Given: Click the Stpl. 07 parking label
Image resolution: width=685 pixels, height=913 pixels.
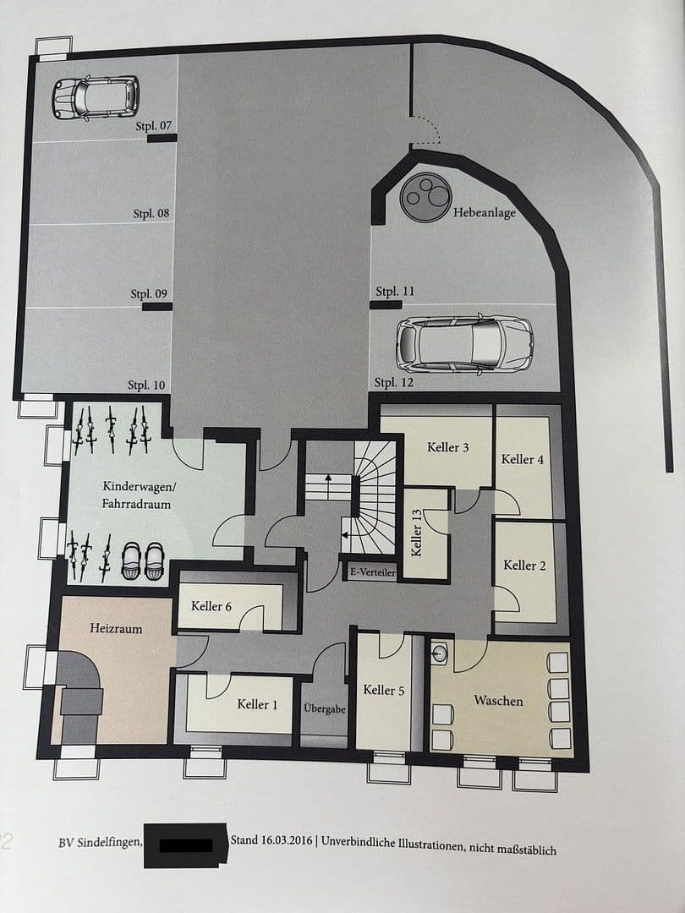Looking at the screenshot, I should (x=153, y=126).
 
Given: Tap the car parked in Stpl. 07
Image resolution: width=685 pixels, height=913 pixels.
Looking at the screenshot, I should (x=96, y=97).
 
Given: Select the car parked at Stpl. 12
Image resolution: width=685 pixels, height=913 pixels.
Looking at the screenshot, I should (x=464, y=343).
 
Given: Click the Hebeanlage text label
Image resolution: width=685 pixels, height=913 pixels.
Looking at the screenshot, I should (x=484, y=213).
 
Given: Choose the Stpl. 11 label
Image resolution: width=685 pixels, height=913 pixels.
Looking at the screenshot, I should (x=395, y=292).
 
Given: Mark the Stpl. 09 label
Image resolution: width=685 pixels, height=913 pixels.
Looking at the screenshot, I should (x=149, y=294).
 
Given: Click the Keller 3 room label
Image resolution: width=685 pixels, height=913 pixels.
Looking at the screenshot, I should (x=448, y=447).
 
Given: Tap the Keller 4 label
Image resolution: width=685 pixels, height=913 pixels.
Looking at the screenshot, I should (x=523, y=459).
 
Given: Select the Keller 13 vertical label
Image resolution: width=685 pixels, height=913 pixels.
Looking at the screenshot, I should (x=416, y=533).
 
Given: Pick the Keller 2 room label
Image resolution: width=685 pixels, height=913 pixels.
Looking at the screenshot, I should (x=524, y=565).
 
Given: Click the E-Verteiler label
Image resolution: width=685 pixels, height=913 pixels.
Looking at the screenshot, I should (x=372, y=572).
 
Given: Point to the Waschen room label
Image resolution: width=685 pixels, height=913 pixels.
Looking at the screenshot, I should (x=498, y=701).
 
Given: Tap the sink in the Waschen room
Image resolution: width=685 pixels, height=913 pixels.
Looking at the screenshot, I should (x=440, y=653).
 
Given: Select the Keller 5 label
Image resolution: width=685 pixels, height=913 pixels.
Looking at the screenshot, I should (x=384, y=690).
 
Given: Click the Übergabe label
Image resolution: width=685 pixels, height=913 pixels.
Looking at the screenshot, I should (x=325, y=708).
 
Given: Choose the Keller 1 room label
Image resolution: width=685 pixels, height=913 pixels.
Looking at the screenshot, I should (x=258, y=704).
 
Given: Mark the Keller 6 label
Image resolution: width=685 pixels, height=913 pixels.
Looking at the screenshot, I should (x=211, y=605).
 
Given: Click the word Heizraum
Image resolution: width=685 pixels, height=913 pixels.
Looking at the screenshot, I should (x=116, y=629).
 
